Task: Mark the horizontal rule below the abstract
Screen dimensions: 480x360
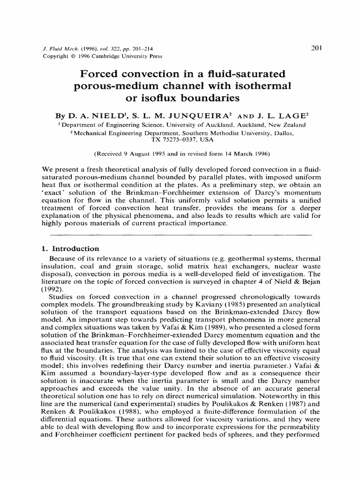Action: pos(180,233)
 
